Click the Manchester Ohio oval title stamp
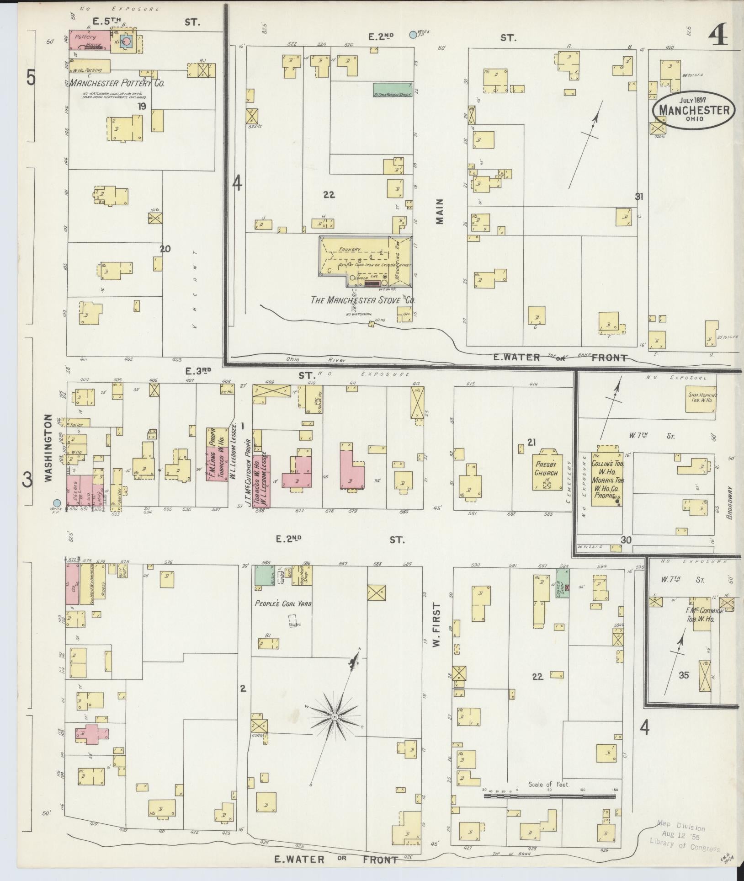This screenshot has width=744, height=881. (x=693, y=110)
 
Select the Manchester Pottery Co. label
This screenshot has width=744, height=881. (x=117, y=83)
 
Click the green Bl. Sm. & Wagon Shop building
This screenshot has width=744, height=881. (x=393, y=90)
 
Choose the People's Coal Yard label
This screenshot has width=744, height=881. (x=283, y=604)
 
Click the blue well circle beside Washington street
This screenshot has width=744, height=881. (x=56, y=502)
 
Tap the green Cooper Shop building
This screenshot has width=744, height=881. (x=563, y=582)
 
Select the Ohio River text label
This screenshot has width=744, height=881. (x=297, y=360)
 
